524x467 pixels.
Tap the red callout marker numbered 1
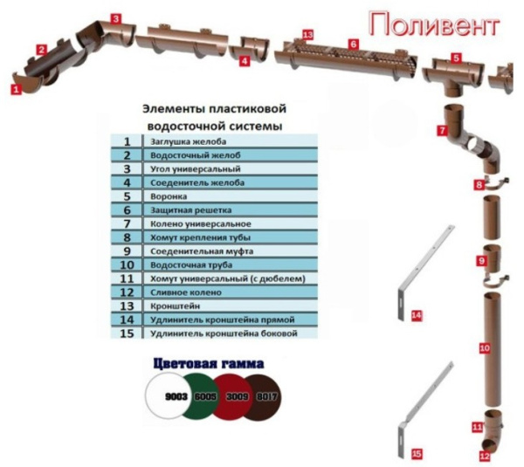[x=15, y=87]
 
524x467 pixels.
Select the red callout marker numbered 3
[x=116, y=17]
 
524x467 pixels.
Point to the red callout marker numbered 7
[x=443, y=129]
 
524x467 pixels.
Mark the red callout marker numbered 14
[x=417, y=313]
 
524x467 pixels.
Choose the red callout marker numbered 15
[x=417, y=453]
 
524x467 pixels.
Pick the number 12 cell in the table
[x=127, y=292]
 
